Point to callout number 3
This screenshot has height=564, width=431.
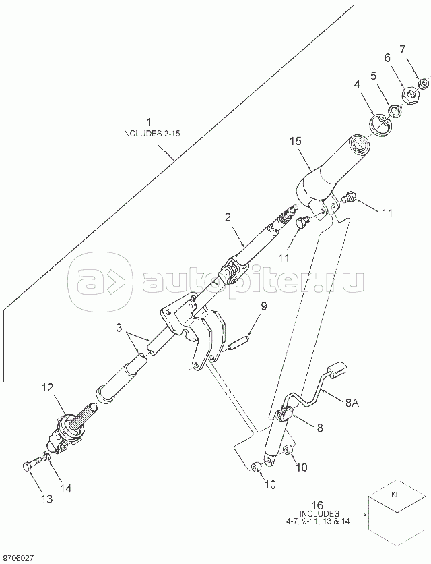119,330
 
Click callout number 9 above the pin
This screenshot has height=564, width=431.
264,306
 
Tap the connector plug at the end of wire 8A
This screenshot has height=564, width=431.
340,369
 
